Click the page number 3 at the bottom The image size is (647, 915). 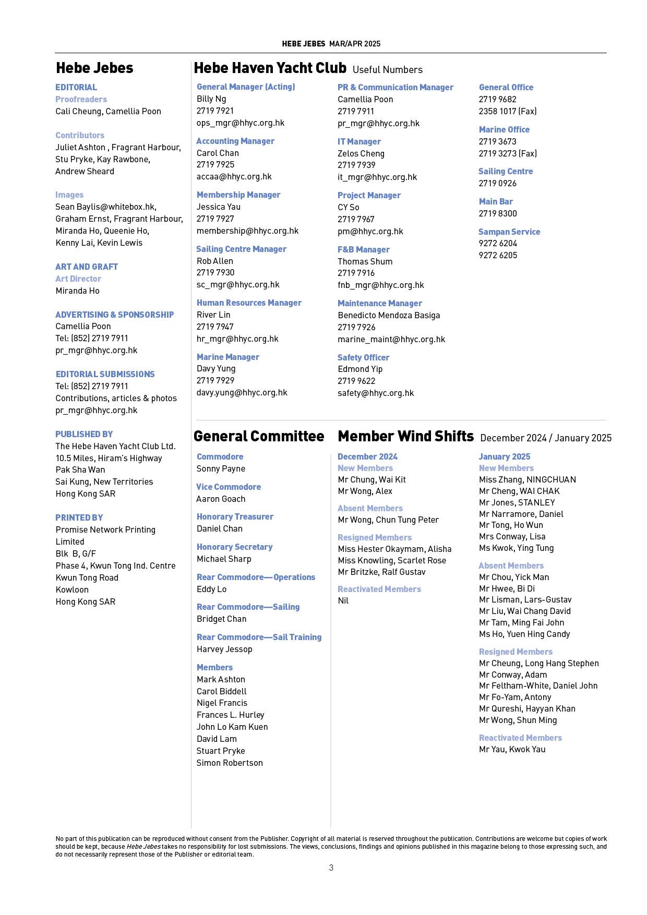click(x=331, y=868)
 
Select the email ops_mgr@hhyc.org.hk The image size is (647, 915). click(x=240, y=123)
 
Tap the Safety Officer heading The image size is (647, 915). click(x=363, y=357)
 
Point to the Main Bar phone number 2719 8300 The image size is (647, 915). click(x=498, y=213)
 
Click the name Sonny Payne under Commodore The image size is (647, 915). click(x=221, y=468)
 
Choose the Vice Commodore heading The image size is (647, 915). click(x=229, y=487)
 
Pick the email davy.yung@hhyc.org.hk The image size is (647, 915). click(x=242, y=393)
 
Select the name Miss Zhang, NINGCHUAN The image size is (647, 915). click(x=527, y=479)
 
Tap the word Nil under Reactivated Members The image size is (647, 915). click(x=343, y=600)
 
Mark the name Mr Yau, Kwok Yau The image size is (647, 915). click(x=512, y=749)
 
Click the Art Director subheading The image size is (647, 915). click(x=78, y=279)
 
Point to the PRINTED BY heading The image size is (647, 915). click(x=79, y=517)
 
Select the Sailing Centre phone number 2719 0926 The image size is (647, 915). click(x=498, y=183)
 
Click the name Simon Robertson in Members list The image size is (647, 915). click(x=230, y=763)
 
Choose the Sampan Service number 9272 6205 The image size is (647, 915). click(x=498, y=255)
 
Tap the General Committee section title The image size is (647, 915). click(x=259, y=436)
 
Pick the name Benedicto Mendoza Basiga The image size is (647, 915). click(x=389, y=315)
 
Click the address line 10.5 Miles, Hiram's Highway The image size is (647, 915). click(x=109, y=458)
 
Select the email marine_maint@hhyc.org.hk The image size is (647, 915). click(x=391, y=339)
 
